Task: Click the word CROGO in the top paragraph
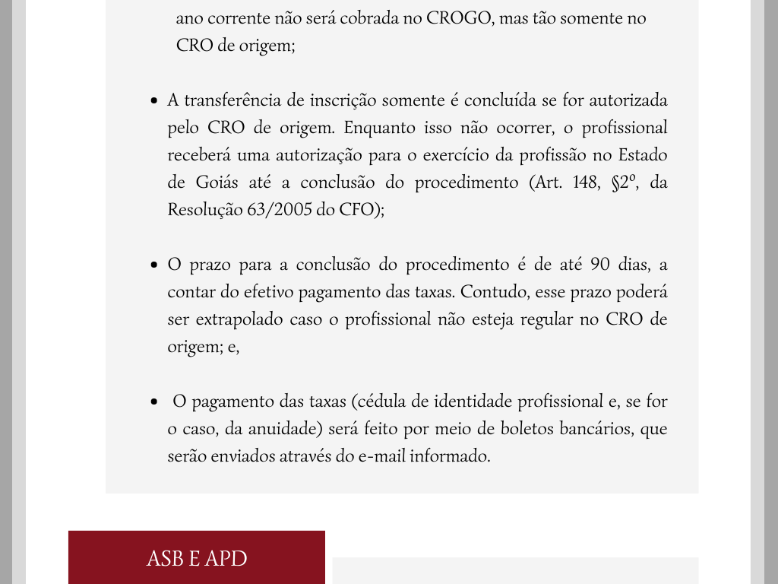pyautogui.click(x=458, y=18)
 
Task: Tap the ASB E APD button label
pyautogui.click(x=197, y=559)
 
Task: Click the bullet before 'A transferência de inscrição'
pyautogui.click(x=154, y=101)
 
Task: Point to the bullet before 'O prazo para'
pyautogui.click(x=154, y=265)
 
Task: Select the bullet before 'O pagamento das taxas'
pyautogui.click(x=154, y=402)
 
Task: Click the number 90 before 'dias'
pyautogui.click(x=600, y=265)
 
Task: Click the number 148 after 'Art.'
pyautogui.click(x=586, y=182)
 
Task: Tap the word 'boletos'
pyautogui.click(x=526, y=429)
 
